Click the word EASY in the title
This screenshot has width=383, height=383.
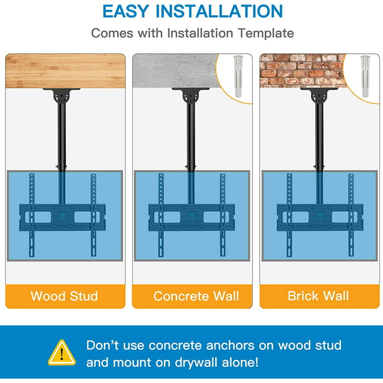point(126,11)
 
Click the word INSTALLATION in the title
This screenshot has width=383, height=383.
point(219,11)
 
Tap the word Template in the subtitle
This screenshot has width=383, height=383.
point(266,33)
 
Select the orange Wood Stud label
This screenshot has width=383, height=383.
point(65,296)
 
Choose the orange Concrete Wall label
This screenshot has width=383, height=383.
point(192,296)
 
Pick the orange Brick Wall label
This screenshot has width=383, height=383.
point(320,296)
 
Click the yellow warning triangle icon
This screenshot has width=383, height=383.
point(62,353)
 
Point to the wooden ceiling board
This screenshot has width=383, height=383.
point(65,71)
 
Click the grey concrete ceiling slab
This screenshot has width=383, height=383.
point(175,71)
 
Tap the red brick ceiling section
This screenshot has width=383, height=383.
point(302,71)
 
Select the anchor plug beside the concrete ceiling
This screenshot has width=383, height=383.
point(238,76)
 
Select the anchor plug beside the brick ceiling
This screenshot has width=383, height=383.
point(365,76)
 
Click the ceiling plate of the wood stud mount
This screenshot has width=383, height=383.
point(61,89)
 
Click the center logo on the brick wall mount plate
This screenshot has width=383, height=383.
point(320,217)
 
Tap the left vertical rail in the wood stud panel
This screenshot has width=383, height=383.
point(32,215)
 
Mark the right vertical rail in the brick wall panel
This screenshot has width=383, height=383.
point(351,215)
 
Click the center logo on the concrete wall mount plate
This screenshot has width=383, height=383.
point(191,217)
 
